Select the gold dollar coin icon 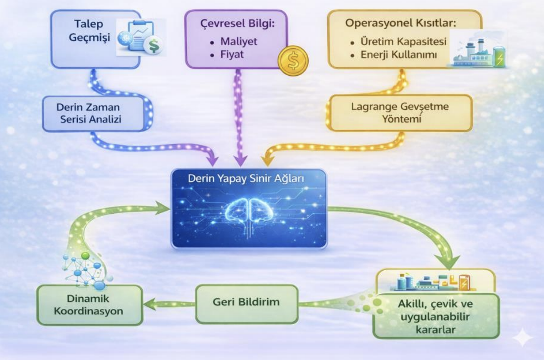click(x=293, y=60)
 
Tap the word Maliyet click(x=239, y=42)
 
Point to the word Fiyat click(x=233, y=54)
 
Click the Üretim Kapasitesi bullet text click(x=401, y=42)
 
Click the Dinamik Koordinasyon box click(x=89, y=305)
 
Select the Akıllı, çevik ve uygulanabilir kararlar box click(x=436, y=316)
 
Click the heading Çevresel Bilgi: click(x=235, y=24)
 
